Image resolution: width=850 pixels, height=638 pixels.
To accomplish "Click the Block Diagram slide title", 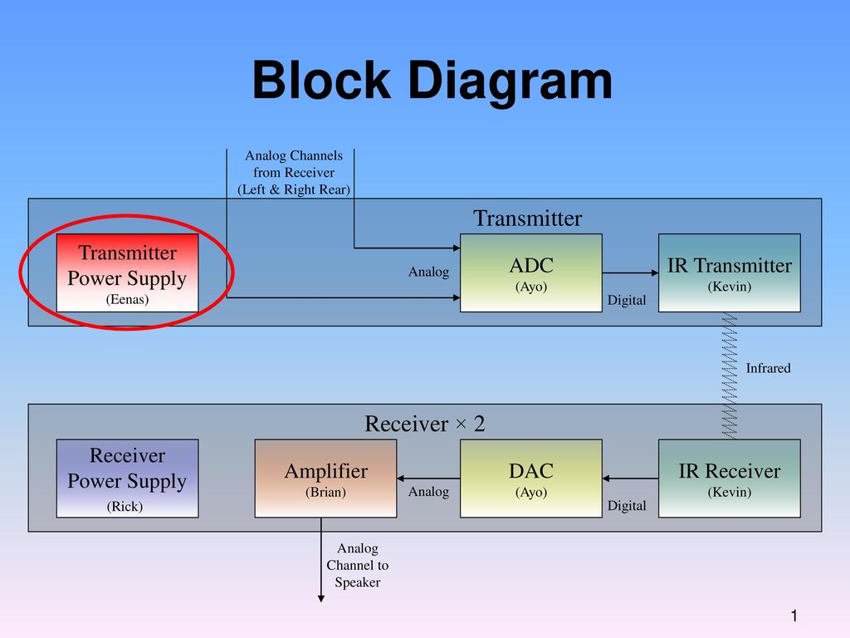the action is click(432, 81).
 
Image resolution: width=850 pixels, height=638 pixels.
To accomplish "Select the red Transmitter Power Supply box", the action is click(127, 272).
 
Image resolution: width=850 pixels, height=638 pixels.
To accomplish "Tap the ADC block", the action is click(531, 272).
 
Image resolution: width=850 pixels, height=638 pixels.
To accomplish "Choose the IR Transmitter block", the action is click(730, 272).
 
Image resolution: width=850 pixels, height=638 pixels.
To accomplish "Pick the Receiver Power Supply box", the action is click(127, 478).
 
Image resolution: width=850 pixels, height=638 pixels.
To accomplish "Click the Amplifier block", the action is click(325, 478).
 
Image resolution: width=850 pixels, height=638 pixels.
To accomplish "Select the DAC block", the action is click(531, 478).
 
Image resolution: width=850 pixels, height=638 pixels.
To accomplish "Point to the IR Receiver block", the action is click(730, 478).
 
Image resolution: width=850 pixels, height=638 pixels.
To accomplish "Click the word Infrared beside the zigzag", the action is click(768, 368).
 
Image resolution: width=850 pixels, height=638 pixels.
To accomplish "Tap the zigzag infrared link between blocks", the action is click(730, 375).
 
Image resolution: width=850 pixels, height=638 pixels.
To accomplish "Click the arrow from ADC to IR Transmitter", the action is click(631, 272).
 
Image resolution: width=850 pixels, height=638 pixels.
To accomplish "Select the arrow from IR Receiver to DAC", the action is click(631, 478).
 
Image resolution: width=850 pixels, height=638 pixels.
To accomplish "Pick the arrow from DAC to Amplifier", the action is click(428, 478).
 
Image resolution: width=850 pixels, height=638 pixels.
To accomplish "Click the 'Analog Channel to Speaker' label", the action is click(357, 565).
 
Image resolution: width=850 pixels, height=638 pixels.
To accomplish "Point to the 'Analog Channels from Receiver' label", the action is click(294, 173).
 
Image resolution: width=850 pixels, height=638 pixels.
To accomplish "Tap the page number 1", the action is click(794, 616).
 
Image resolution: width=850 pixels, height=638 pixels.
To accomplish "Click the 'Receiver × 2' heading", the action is click(424, 424).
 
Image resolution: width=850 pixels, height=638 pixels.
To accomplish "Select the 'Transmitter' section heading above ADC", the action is click(527, 218).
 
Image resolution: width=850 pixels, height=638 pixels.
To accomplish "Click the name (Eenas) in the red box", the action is click(127, 299).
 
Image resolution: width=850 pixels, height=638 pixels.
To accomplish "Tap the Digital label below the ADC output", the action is click(627, 300).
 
